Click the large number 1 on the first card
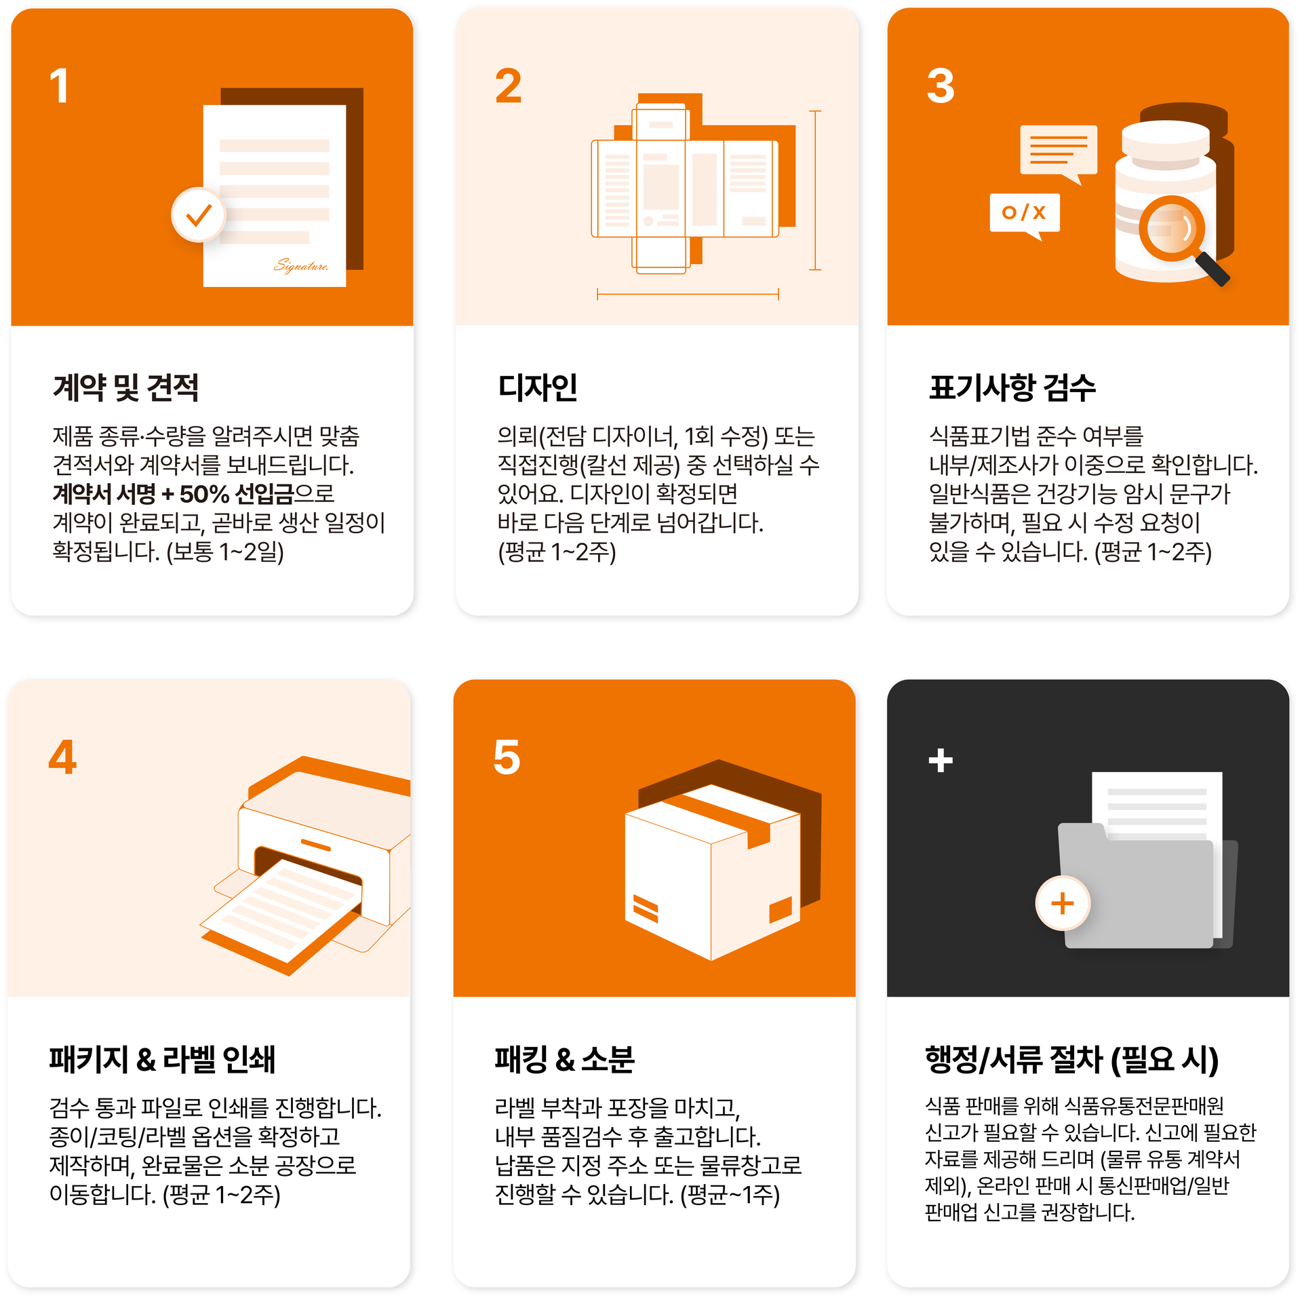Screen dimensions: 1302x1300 (x=60, y=86)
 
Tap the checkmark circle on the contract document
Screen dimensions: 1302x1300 (x=198, y=215)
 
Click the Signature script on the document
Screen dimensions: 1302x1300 (x=301, y=265)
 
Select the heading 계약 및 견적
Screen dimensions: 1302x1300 (x=126, y=387)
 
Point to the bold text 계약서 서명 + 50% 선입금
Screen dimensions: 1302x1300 (x=174, y=494)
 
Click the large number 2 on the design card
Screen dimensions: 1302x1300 (x=509, y=86)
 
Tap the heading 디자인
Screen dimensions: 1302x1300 (x=537, y=387)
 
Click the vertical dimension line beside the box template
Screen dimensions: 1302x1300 (x=815, y=190)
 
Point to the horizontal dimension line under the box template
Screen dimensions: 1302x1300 (x=688, y=294)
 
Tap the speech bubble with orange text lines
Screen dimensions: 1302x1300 (x=1059, y=153)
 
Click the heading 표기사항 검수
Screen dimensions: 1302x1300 (x=1012, y=387)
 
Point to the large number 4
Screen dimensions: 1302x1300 (x=62, y=757)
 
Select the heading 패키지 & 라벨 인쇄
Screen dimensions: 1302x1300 (x=162, y=1059)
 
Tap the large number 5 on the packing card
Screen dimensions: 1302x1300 (x=507, y=757)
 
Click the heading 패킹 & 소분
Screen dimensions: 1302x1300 (x=564, y=1059)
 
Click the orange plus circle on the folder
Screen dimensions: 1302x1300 (x=1063, y=903)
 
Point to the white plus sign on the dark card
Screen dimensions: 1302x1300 (x=941, y=760)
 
